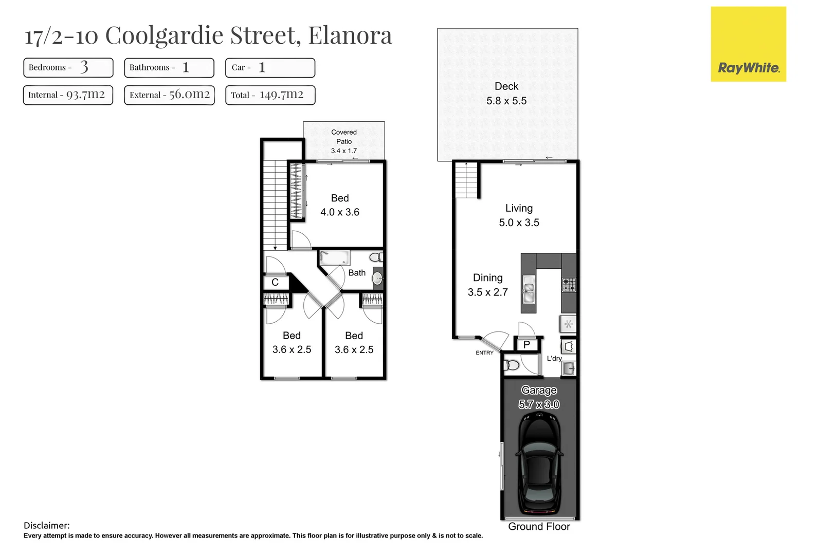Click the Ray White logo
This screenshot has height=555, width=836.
(748, 45)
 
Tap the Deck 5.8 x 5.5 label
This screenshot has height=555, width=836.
(506, 94)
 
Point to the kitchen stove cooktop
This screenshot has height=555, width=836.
(569, 285)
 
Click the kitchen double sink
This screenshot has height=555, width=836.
(529, 290)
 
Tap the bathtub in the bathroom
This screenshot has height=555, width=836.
(334, 257)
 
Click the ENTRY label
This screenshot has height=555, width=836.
(484, 353)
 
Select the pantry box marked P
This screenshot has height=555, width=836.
(526, 345)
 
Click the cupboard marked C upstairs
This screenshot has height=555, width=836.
(275, 282)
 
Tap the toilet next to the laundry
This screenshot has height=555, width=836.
(512, 365)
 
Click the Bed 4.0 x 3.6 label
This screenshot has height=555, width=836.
(340, 205)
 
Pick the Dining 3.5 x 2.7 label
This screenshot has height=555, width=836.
(487, 285)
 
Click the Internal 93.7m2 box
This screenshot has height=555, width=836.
(68, 95)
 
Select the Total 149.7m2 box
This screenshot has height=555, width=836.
(270, 95)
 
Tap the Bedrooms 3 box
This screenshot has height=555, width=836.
(68, 67)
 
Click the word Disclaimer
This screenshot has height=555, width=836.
(46, 525)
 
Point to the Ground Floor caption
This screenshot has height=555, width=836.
(539, 527)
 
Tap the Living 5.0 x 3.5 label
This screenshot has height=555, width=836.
(519, 215)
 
